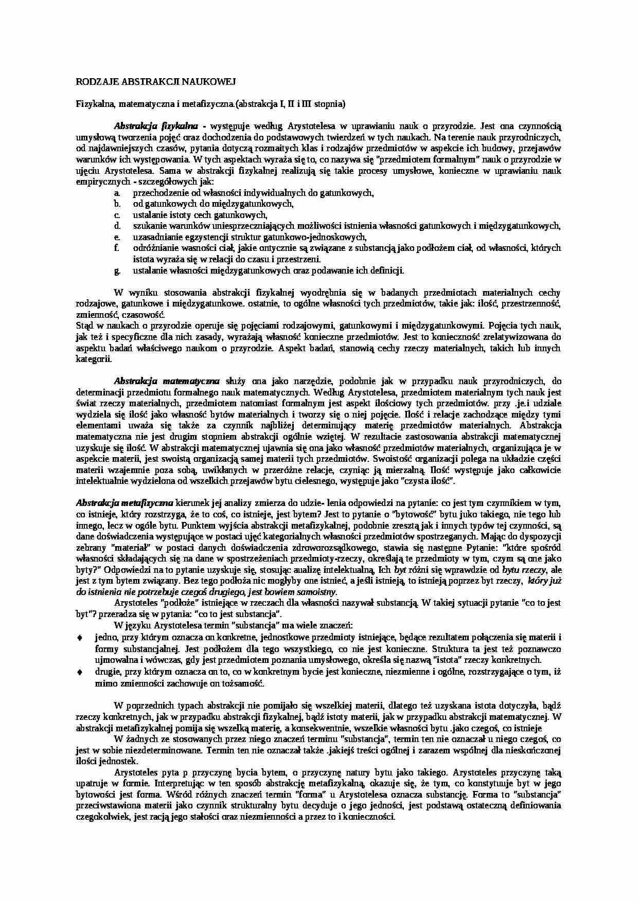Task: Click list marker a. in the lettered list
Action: coord(117,193)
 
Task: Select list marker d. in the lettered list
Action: coord(117,226)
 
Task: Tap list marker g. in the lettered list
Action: coord(117,270)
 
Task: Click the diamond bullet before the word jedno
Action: coord(79,638)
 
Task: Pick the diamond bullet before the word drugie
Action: coord(79,672)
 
